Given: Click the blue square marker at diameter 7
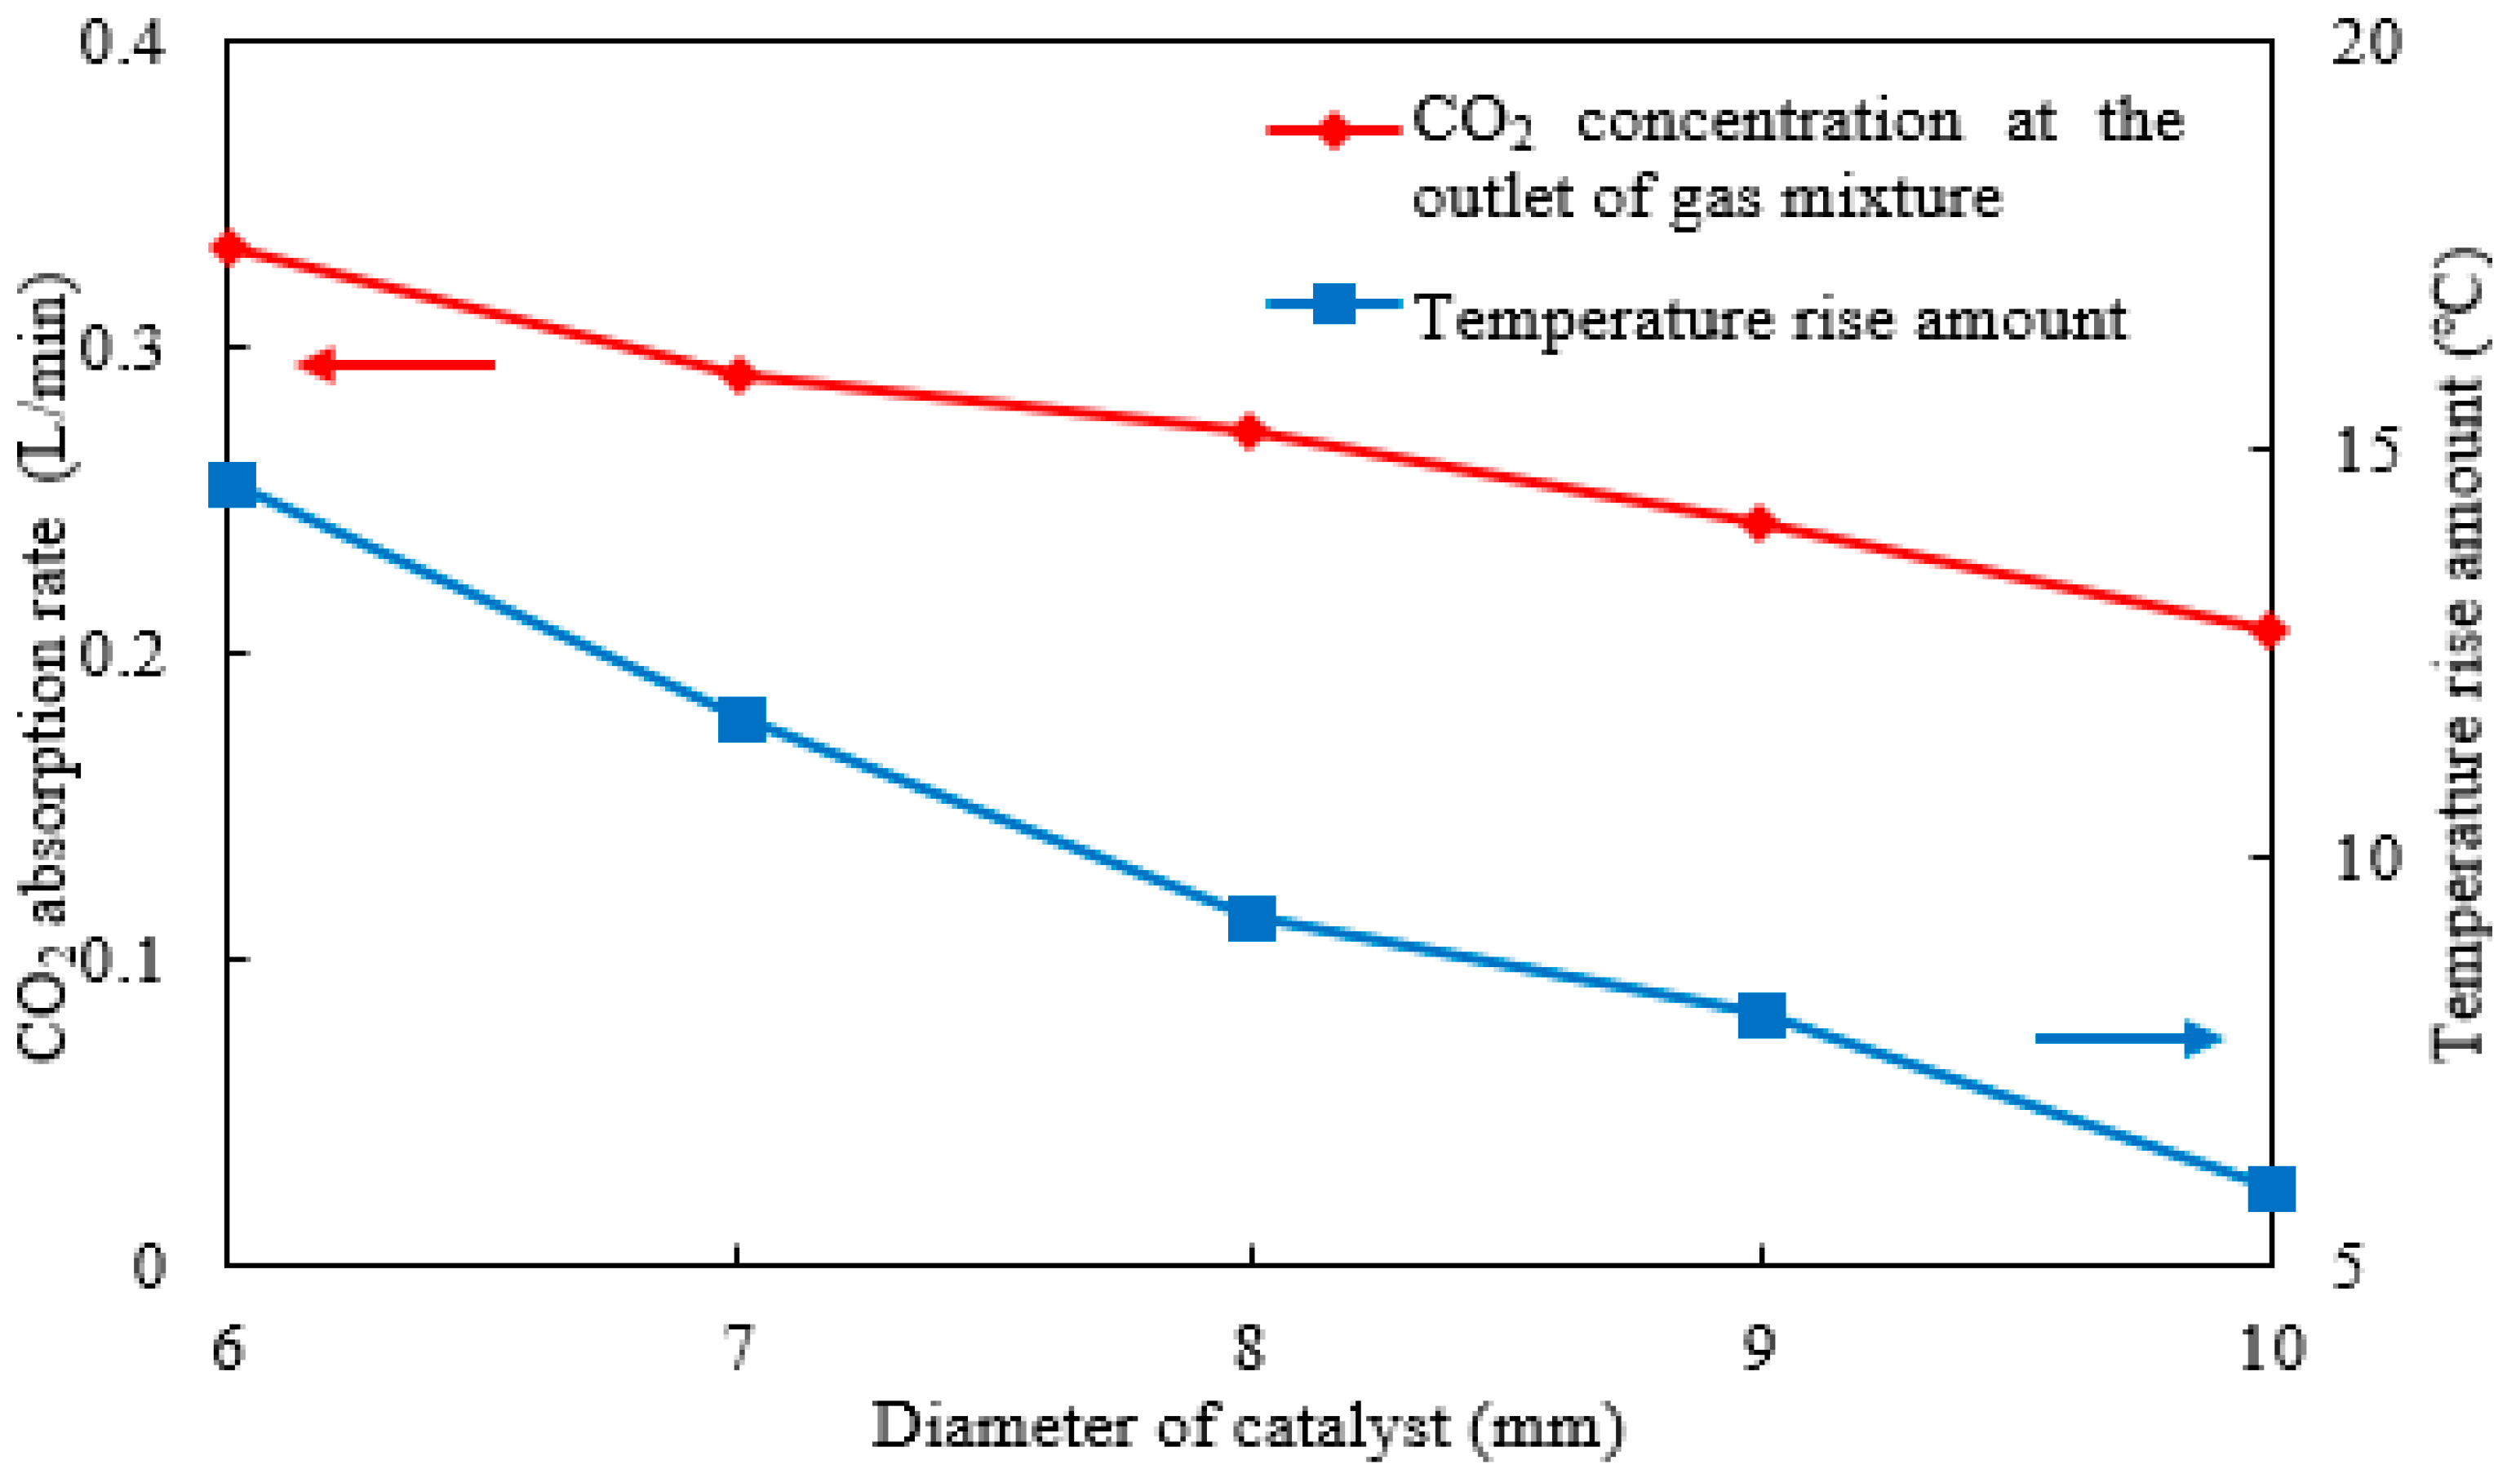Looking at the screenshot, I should [742, 719].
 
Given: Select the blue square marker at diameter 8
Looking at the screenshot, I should [1252, 917].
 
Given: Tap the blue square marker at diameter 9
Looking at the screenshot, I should [1761, 1015].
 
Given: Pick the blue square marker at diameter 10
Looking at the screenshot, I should [2271, 1189].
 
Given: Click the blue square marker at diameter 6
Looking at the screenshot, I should [232, 485].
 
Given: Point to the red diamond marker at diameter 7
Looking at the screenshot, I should [738, 375].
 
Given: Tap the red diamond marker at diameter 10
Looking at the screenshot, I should [2269, 629].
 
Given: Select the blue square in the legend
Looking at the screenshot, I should [1334, 303].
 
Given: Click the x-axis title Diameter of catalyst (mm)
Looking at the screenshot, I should [1248, 1427].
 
